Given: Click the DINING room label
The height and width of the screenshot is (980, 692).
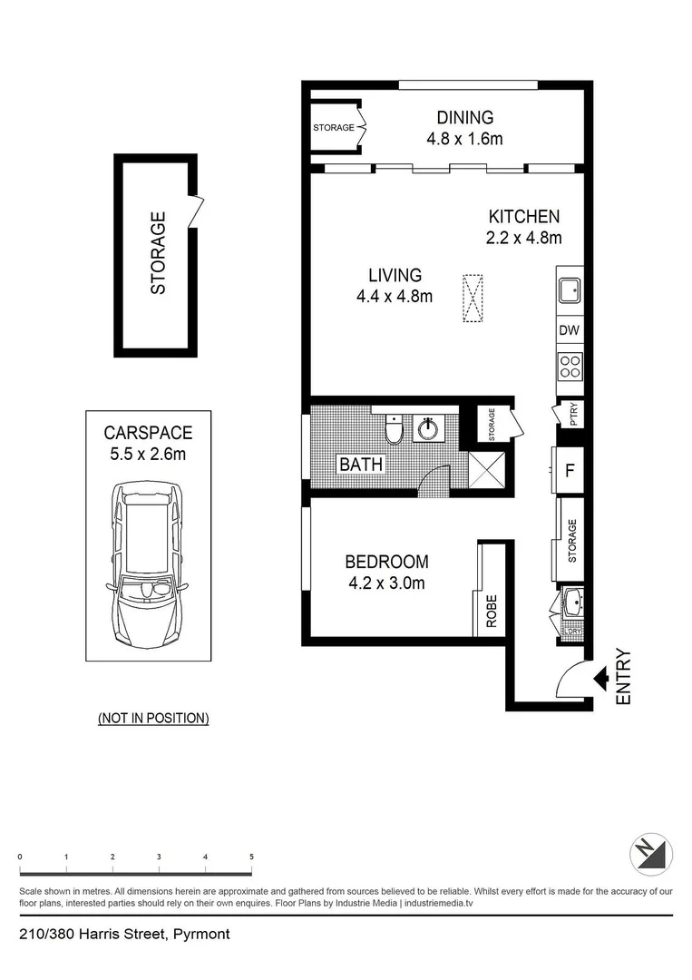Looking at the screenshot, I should point(464,117).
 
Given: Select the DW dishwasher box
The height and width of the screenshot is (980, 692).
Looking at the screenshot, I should point(569,330).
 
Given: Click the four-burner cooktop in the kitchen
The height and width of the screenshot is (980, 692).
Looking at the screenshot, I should point(570,367).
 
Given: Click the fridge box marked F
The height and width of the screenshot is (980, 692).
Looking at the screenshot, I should point(569,471).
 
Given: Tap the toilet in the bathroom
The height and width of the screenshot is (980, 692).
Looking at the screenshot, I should point(394,429).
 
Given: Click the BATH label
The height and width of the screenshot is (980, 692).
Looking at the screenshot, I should point(361,465).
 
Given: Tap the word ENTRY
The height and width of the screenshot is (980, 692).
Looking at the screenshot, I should point(623,677).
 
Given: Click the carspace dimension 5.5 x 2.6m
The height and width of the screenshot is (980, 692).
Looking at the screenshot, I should point(148,454).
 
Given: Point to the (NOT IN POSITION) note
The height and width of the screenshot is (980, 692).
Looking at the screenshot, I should point(153,718).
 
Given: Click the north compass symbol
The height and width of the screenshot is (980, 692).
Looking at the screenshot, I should point(651,854).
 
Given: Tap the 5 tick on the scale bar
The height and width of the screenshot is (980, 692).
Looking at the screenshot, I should point(251,857).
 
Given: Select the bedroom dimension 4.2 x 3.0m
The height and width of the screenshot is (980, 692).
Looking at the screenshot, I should point(386,583).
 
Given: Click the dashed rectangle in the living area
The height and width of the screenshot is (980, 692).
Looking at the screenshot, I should point(473,299).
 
